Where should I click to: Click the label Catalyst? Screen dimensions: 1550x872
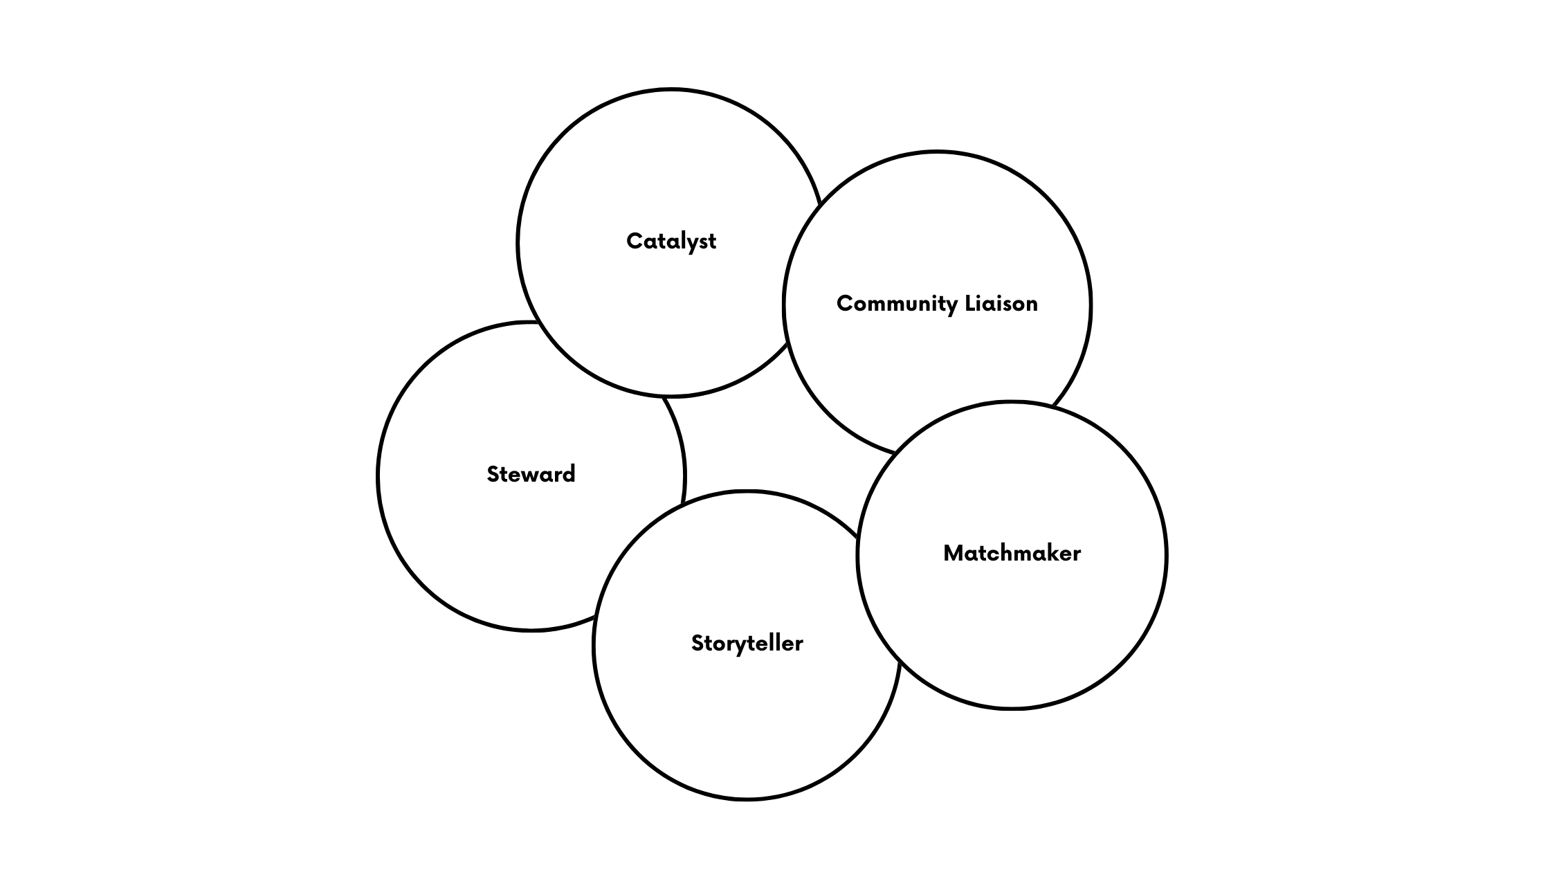pyautogui.click(x=671, y=241)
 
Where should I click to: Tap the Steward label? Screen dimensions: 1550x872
pyautogui.click(x=531, y=474)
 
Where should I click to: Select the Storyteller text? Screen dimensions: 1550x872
pyautogui.click(x=747, y=643)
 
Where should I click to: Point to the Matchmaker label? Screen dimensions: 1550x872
pyautogui.click(x=1012, y=553)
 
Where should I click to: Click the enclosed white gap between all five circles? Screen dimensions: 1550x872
pyautogui.click(x=768, y=436)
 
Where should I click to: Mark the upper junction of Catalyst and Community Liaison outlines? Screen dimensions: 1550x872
pyautogui.click(x=820, y=205)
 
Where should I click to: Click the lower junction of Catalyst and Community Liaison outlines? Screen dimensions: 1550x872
pyautogui.click(x=788, y=344)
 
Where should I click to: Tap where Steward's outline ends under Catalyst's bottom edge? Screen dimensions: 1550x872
pyautogui.click(x=664, y=397)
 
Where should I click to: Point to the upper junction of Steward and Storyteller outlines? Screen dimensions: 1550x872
pyautogui.click(x=683, y=503)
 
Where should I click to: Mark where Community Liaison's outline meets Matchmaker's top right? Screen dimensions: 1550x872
pyautogui.click(x=1052, y=406)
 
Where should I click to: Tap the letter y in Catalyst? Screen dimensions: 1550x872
pyautogui.click(x=693, y=243)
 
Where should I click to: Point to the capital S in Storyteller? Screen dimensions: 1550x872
pyautogui.click(x=697, y=643)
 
